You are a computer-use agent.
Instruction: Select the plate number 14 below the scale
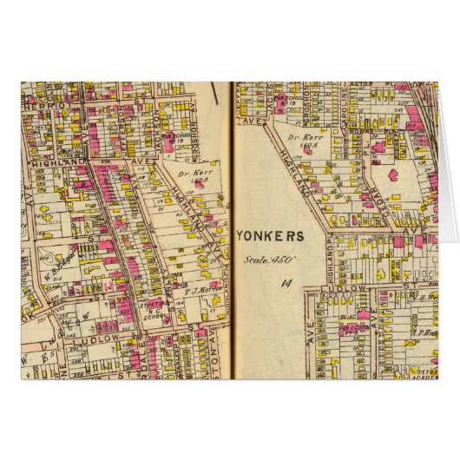tap(286, 282)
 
